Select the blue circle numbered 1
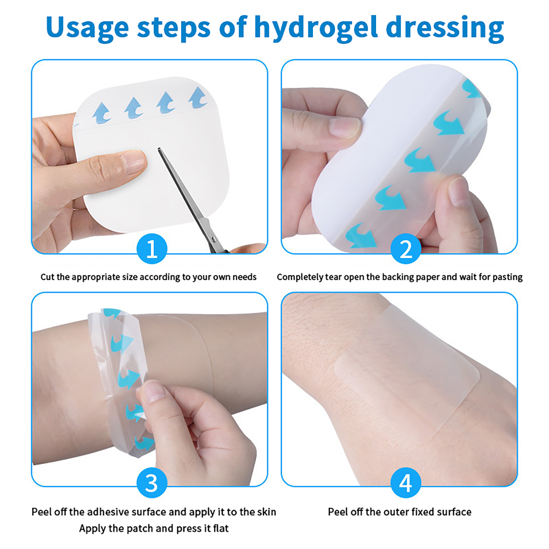click(152, 248)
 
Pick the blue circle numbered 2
click(406, 248)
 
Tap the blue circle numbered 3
click(152, 482)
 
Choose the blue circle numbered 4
click(406, 482)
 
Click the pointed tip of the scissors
click(159, 149)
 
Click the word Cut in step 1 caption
click(47, 277)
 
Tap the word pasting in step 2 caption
click(508, 277)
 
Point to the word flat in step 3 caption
click(220, 528)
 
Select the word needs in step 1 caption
click(245, 277)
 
